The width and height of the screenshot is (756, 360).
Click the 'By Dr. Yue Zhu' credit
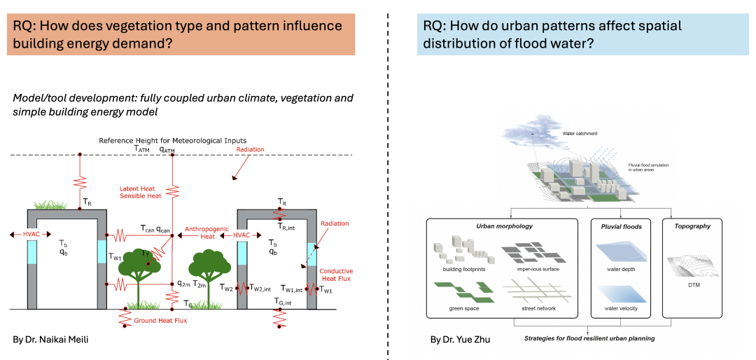point(460,339)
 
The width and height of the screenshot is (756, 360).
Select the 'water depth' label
point(618,268)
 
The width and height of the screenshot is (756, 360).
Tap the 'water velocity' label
point(618,308)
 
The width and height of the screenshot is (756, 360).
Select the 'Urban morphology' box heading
point(504,226)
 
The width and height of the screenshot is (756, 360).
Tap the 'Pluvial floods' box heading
point(621,226)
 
